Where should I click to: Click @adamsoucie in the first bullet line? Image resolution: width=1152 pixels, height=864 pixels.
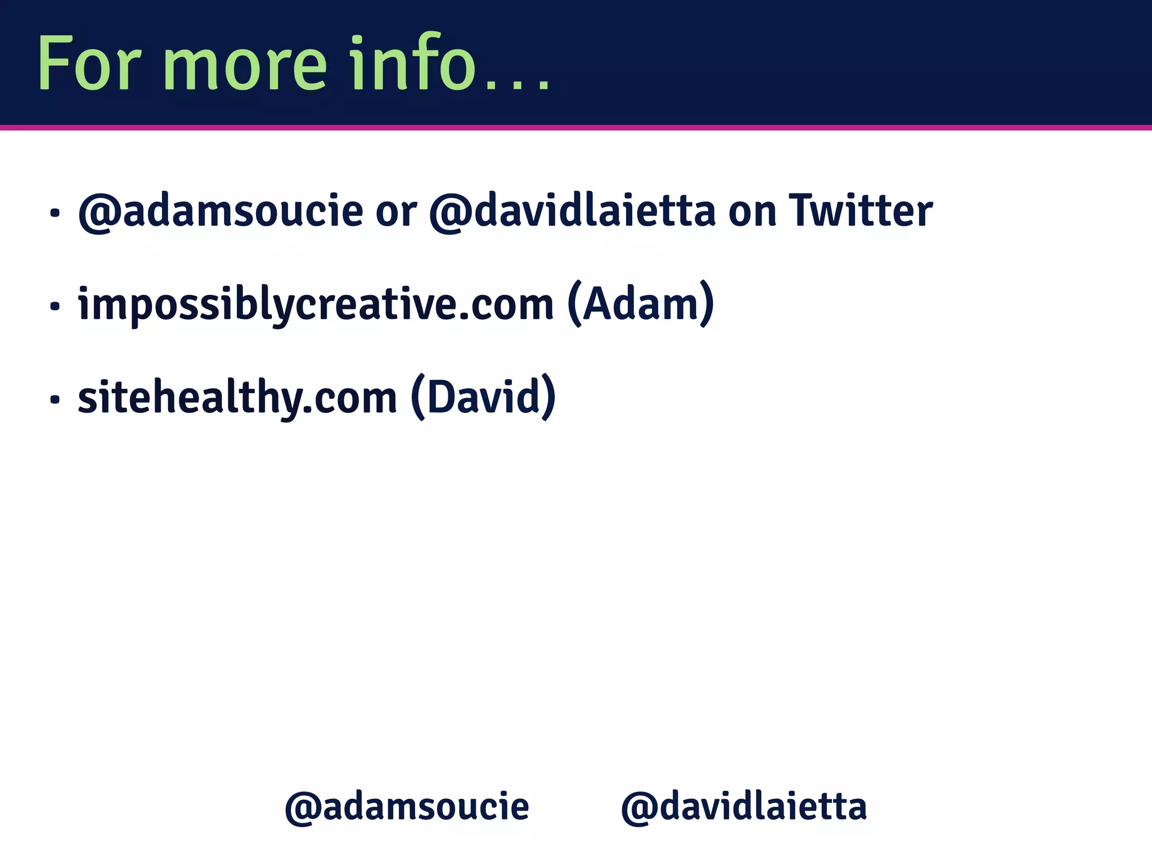[220, 211]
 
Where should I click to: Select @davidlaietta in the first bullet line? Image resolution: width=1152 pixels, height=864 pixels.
[572, 211]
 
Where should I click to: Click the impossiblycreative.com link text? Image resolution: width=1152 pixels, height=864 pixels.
[316, 304]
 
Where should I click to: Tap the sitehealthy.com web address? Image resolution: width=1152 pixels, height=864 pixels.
[237, 398]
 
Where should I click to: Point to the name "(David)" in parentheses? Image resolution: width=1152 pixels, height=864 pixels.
[483, 397]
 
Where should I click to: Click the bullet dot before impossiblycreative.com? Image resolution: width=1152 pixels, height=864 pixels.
[55, 307]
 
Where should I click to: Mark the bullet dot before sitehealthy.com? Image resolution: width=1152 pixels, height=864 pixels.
[55, 400]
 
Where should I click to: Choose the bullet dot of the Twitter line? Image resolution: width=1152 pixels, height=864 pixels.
[55, 213]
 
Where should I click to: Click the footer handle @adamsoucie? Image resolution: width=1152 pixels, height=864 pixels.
[407, 807]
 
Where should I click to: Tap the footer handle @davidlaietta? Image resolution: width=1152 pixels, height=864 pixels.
[744, 807]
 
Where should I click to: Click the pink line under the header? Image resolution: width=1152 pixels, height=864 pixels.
[576, 128]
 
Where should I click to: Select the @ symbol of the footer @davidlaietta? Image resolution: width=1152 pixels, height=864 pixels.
[638, 808]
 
